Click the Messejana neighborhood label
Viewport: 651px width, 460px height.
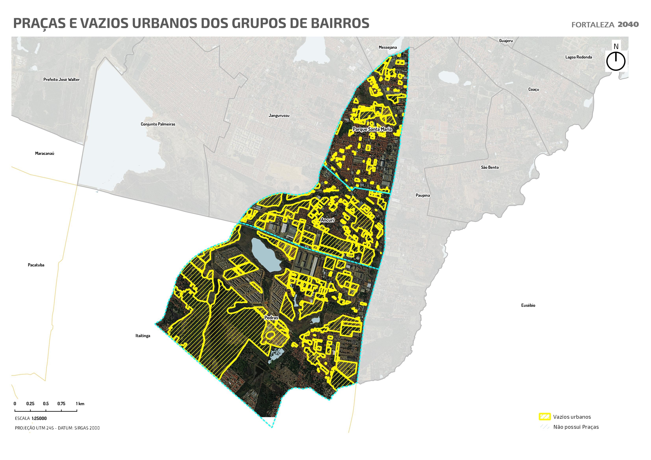(x=388, y=47)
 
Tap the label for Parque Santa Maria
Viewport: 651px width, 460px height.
(x=372, y=129)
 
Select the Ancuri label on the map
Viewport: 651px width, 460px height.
(x=328, y=220)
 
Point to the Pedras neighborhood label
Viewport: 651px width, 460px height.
(x=271, y=318)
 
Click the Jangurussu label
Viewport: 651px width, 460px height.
(x=279, y=115)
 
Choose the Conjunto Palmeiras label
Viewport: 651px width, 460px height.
(x=158, y=124)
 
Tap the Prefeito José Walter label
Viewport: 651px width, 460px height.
(x=62, y=79)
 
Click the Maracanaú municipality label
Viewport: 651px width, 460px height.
(x=44, y=153)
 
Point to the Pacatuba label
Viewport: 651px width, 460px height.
(x=36, y=265)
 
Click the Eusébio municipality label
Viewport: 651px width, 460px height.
(x=528, y=305)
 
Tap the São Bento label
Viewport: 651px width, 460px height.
(x=490, y=167)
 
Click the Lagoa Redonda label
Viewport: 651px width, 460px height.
(x=578, y=57)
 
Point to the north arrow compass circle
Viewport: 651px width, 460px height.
(x=616, y=61)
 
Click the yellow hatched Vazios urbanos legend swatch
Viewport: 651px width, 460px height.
(x=544, y=417)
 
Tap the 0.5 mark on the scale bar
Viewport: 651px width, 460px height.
(x=46, y=404)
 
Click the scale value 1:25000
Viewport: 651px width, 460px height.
(x=39, y=418)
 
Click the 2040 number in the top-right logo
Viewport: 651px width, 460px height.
(x=628, y=24)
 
